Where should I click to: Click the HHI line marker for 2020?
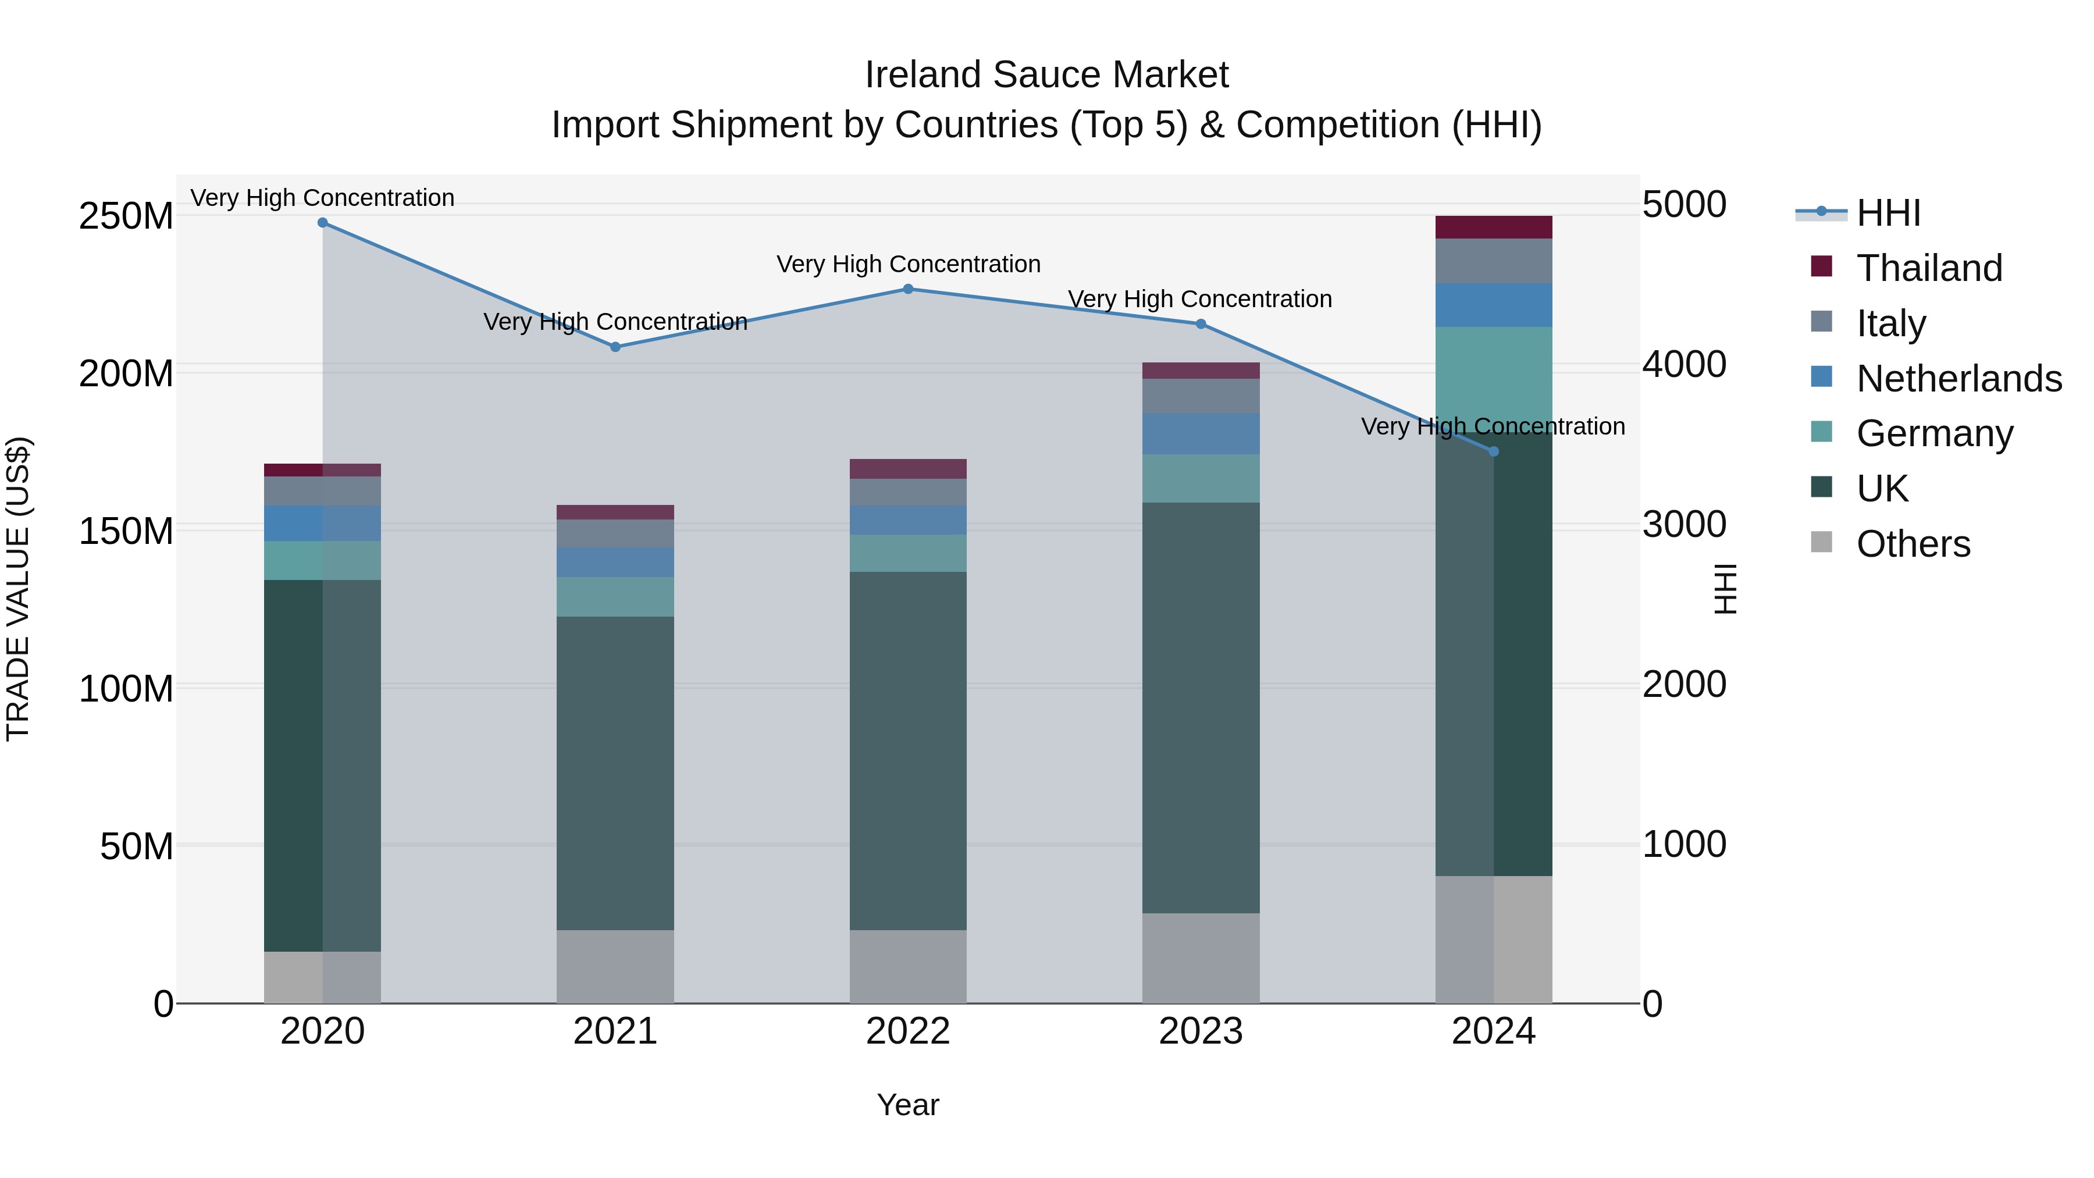pos(323,223)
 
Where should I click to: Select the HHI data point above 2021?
pos(615,347)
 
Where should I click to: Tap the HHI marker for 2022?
pos(908,289)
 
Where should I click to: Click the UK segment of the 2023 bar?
pos(1201,707)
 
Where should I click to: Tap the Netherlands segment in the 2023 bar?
pos(1201,433)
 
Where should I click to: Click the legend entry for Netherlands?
pos(1958,379)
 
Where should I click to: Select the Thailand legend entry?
pos(1929,268)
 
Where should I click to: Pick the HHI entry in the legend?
pos(1888,213)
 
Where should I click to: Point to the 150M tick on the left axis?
pos(126,531)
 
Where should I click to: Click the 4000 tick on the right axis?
pos(1685,364)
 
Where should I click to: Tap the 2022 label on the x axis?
pos(908,1031)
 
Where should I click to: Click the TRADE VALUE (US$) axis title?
pos(18,589)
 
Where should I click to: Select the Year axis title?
pos(908,1105)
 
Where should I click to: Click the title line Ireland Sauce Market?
pos(1046,75)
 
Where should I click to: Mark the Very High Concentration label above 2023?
pos(1200,299)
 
